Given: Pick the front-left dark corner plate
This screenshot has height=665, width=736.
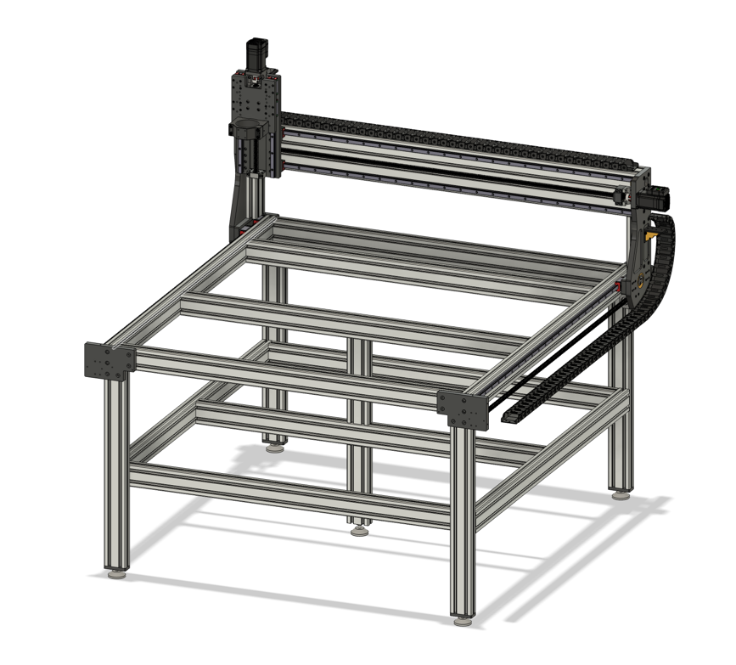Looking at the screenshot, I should (110, 362).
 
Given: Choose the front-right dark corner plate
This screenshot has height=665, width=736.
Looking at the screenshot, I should (463, 409).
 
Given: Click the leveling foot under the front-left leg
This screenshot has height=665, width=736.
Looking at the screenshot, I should (116, 574).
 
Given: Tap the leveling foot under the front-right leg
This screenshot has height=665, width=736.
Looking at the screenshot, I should (463, 621).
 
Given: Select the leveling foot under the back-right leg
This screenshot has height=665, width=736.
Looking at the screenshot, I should (621, 493).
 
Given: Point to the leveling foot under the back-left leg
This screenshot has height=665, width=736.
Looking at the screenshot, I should (273, 446).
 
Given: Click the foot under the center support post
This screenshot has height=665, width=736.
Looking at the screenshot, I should (359, 531).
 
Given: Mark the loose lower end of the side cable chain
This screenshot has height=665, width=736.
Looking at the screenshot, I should (514, 417).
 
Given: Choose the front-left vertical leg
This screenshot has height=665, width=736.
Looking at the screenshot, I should (116, 476).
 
